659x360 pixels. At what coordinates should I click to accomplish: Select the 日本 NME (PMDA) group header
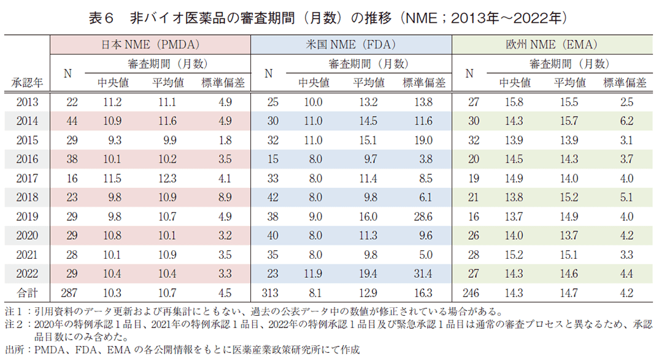[151, 45]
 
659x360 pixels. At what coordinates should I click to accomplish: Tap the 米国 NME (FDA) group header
[351, 45]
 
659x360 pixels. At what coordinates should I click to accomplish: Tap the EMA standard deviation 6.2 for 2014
[626, 121]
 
